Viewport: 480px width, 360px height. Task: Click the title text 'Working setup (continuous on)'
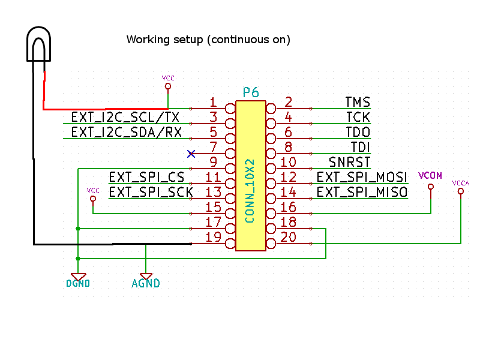tap(208, 40)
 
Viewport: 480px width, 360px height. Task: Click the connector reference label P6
tap(251, 92)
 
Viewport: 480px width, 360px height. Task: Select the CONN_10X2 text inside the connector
tap(250, 191)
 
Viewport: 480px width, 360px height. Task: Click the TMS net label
tap(358, 103)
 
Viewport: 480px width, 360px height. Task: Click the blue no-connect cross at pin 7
tap(191, 154)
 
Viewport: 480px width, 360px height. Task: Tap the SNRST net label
tap(349, 162)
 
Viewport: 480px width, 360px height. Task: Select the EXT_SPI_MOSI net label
tap(362, 177)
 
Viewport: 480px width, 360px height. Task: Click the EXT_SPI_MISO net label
tap(362, 192)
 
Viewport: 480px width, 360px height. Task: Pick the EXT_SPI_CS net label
tap(146, 177)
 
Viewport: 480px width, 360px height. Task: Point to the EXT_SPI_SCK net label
tap(151, 192)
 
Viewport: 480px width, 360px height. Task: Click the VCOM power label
tap(430, 176)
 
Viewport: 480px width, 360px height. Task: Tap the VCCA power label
tap(461, 183)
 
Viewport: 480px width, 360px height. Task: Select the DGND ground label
tap(78, 283)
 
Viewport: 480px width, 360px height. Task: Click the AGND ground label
tap(146, 283)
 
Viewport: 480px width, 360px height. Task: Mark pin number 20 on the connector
tap(288, 238)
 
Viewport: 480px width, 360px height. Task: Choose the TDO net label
tap(358, 132)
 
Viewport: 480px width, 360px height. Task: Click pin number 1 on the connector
tap(213, 103)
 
